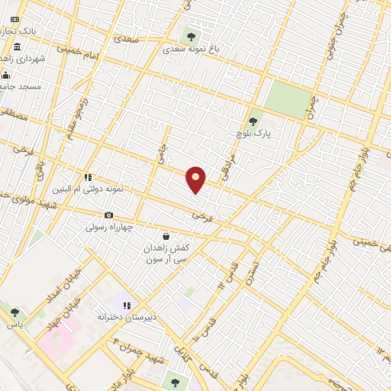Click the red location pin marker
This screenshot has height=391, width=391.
(x=196, y=179)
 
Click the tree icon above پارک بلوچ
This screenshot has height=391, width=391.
(x=254, y=121)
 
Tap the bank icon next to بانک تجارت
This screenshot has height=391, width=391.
(x=15, y=18)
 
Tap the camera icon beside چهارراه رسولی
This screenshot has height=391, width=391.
(x=109, y=215)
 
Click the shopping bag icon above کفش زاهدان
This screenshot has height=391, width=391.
(x=166, y=237)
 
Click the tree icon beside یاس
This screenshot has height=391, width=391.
(x=15, y=312)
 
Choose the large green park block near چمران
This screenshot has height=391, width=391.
(x=289, y=99)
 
